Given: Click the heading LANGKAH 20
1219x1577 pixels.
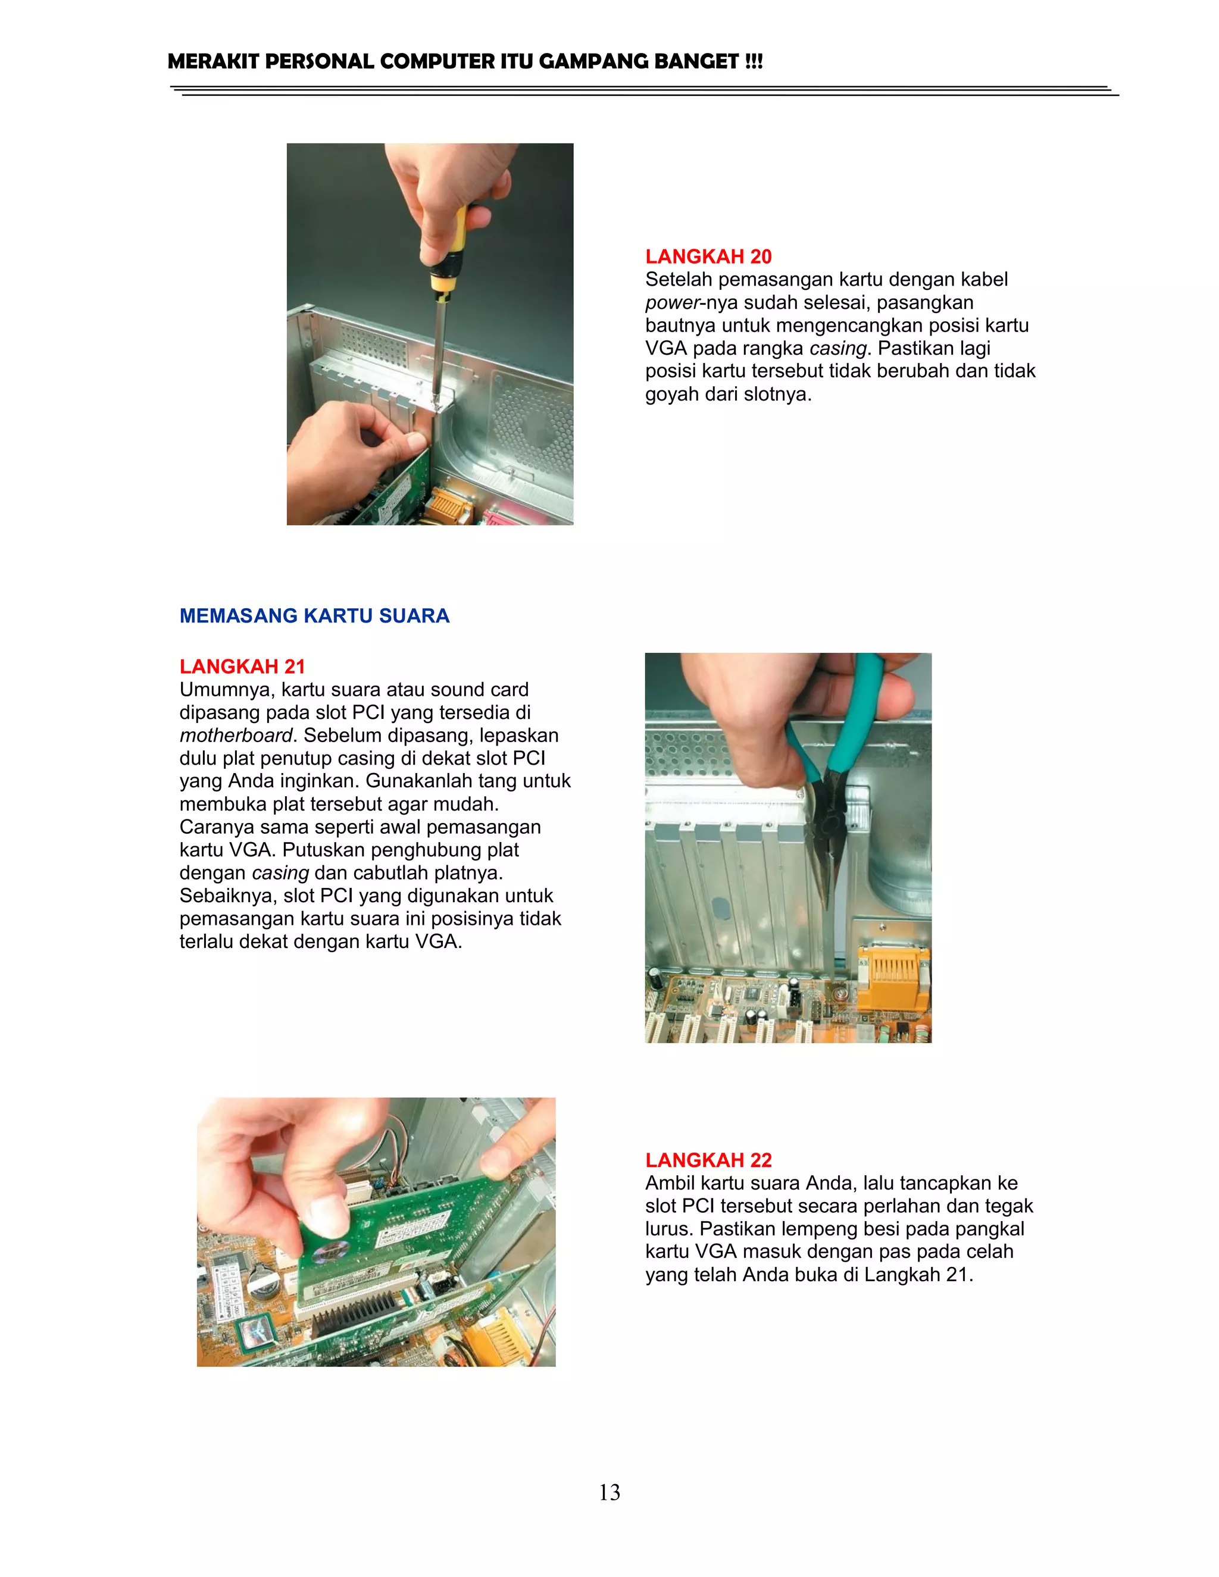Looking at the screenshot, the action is (708, 256).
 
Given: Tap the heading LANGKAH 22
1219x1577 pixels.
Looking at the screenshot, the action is (708, 1160).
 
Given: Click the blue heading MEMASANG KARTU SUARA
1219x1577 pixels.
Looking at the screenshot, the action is (315, 616).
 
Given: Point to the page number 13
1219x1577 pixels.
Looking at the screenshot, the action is (609, 1492).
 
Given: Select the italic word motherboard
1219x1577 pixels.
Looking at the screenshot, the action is (236, 736).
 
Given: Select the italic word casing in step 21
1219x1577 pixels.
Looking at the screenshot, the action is (280, 874).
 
